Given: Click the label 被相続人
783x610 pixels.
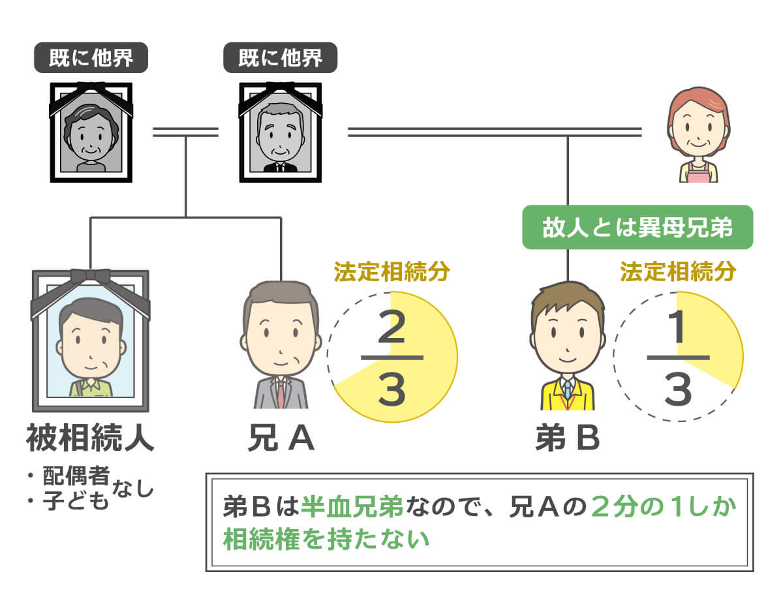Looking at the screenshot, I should pyautogui.click(x=90, y=439).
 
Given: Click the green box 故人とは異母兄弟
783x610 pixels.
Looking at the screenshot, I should pyautogui.click(x=637, y=227).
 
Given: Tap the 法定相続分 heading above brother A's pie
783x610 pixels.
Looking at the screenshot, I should pyautogui.click(x=391, y=271).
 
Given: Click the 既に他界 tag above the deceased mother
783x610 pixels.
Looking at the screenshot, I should pyautogui.click(x=91, y=59).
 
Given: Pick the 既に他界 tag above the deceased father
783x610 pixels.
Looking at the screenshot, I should pyautogui.click(x=280, y=59).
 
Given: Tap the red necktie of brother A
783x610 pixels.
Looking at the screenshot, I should pyautogui.click(x=281, y=394).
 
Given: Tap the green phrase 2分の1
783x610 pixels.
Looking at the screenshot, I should pyautogui.click(x=639, y=507).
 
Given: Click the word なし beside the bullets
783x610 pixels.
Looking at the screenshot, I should pyautogui.click(x=134, y=486).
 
